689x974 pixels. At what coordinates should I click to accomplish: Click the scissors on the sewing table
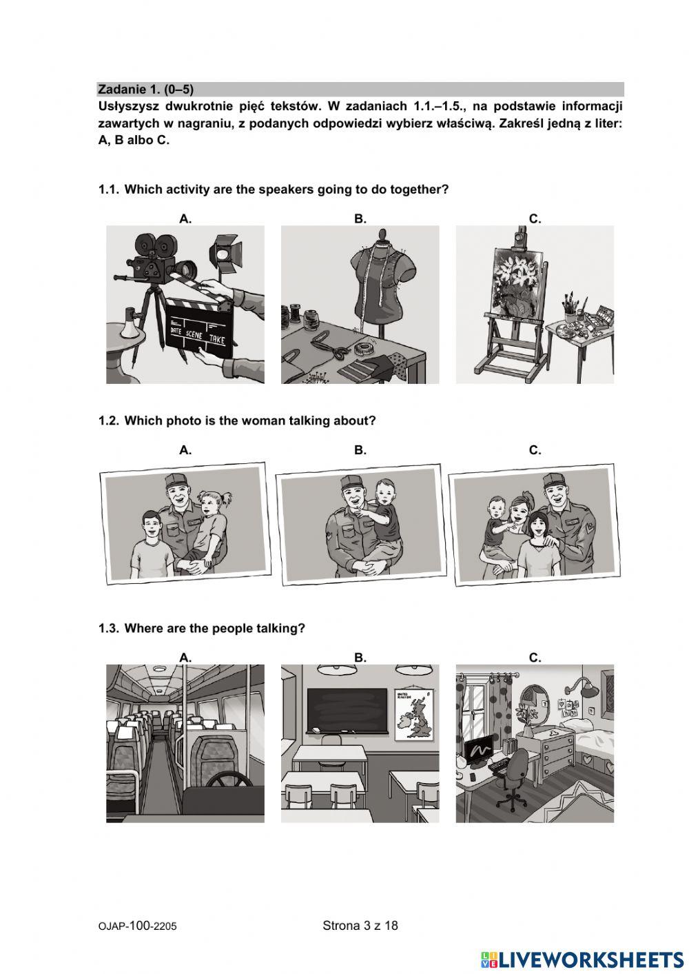(329, 344)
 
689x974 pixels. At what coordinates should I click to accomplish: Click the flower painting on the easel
(517, 283)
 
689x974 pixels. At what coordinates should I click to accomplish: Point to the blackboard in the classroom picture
(347, 710)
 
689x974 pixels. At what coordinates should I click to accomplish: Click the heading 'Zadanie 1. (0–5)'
(145, 89)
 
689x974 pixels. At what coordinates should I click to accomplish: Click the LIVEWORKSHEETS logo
(582, 960)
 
